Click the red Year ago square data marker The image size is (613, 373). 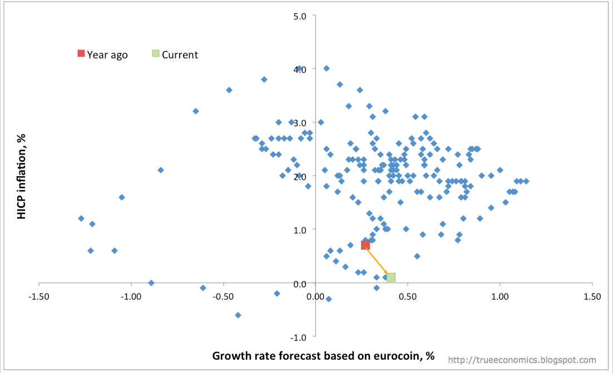click(x=365, y=245)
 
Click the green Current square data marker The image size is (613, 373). click(x=391, y=277)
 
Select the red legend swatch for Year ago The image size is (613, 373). click(x=81, y=53)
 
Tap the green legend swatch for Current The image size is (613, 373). click(x=156, y=53)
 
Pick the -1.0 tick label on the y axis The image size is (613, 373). click(x=299, y=337)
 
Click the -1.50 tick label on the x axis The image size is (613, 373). click(x=39, y=296)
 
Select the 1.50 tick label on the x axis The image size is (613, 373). click(x=591, y=296)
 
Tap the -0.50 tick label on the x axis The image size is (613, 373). click(x=223, y=296)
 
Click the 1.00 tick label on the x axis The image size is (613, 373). click(x=500, y=296)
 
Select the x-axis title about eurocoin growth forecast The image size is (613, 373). click(x=323, y=356)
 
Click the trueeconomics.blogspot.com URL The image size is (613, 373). click(x=522, y=360)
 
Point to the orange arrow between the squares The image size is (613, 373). click(x=378, y=261)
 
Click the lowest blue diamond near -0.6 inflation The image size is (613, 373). click(x=238, y=315)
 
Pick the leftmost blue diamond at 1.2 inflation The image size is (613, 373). click(x=81, y=218)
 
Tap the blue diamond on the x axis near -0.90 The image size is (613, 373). click(x=151, y=283)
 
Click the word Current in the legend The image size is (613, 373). click(x=180, y=54)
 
